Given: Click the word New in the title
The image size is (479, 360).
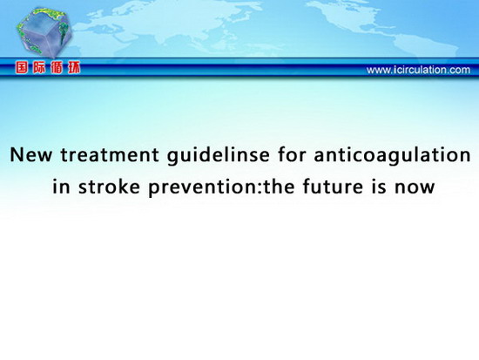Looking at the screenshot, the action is (x=30, y=154).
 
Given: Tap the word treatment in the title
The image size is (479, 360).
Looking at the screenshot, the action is (x=110, y=154).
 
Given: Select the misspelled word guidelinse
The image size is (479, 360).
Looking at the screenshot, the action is (x=218, y=155).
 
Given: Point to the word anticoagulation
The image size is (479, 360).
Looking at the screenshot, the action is (x=392, y=155).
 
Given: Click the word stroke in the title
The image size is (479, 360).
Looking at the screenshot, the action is (x=109, y=186).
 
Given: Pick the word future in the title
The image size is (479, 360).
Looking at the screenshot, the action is (x=333, y=186).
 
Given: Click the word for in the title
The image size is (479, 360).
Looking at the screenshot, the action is (x=292, y=154).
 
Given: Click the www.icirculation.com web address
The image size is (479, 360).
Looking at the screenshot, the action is (x=418, y=70).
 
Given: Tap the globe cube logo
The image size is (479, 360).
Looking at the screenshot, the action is (x=44, y=32).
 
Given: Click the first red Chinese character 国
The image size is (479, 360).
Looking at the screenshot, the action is (x=22, y=68).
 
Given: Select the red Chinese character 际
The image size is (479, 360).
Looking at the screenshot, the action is (x=39, y=68).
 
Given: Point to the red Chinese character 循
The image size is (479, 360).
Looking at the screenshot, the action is (x=57, y=68).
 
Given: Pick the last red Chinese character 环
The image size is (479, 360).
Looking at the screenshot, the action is (x=74, y=68).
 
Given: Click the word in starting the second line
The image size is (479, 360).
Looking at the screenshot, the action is (x=61, y=186).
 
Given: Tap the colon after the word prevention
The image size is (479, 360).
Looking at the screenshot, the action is (x=260, y=187).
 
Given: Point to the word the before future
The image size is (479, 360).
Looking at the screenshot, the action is (x=279, y=186).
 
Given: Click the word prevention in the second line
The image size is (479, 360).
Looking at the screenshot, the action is (x=203, y=187).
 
